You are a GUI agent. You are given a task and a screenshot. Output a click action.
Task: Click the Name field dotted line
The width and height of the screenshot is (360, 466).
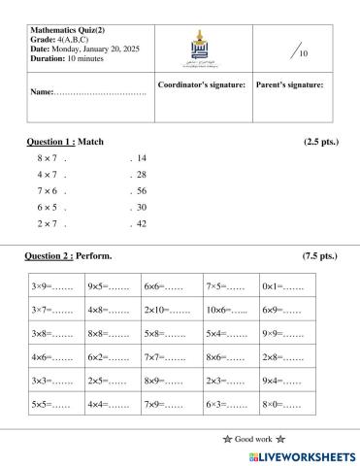pos(102,92)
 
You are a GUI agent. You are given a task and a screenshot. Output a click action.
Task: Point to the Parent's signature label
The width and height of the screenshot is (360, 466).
pos(289,84)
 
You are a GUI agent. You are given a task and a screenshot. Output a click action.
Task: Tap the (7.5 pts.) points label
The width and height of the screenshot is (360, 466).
pos(319,256)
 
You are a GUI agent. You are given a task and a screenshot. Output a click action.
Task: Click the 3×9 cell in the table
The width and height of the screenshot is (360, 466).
pos(51,287)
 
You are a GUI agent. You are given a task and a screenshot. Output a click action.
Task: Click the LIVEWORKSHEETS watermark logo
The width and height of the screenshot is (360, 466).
pos(296,454)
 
